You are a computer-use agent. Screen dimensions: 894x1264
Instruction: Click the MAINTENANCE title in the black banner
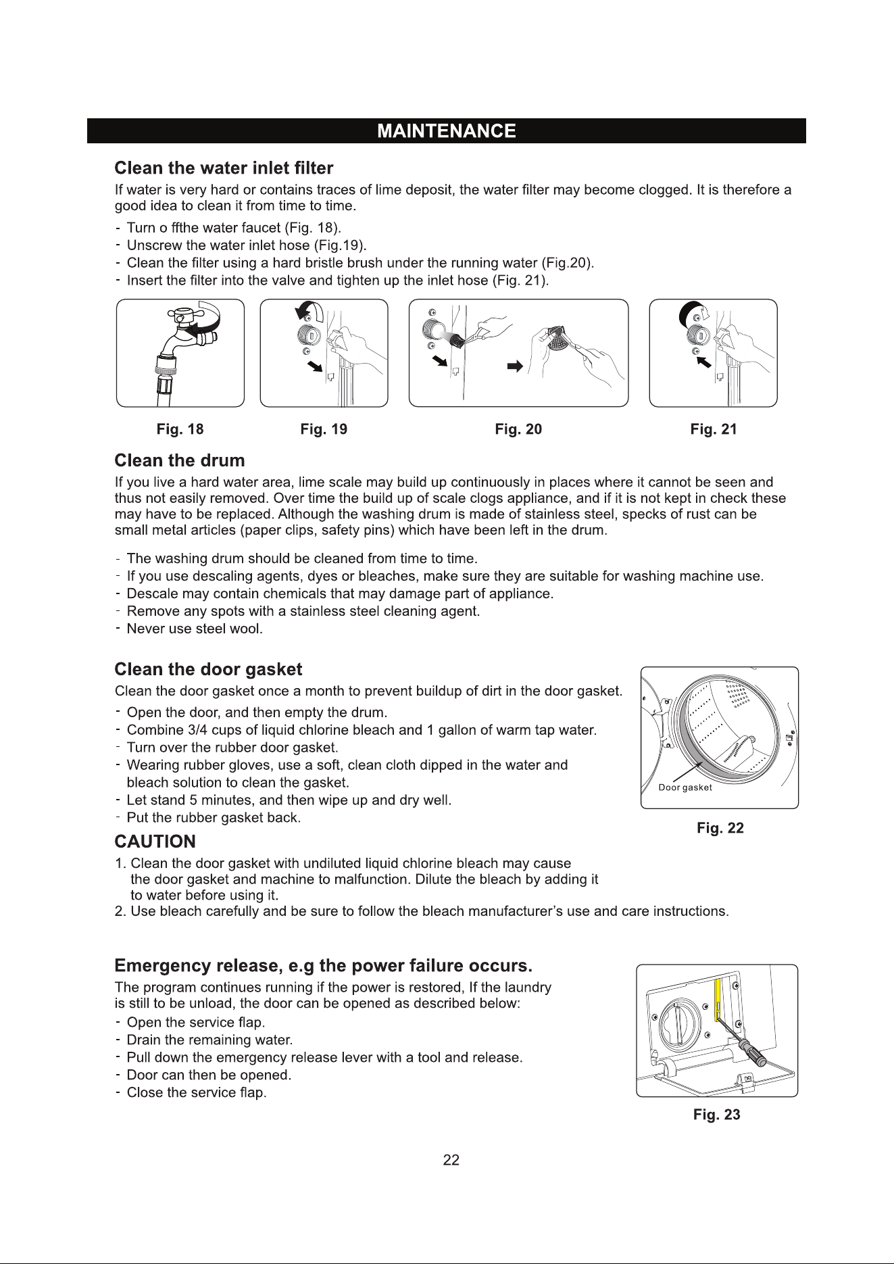pyautogui.click(x=447, y=131)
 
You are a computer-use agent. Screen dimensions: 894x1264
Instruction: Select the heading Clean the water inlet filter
pyautogui.click(x=224, y=168)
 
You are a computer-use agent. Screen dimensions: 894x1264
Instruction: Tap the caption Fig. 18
pyautogui.click(x=180, y=429)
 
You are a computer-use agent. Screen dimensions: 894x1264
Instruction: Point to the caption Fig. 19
pyautogui.click(x=324, y=429)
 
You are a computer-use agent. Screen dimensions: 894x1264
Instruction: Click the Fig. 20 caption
pyautogui.click(x=518, y=429)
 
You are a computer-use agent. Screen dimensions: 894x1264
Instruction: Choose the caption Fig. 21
pyautogui.click(x=714, y=429)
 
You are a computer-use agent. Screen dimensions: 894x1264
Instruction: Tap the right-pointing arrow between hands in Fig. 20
pyautogui.click(x=516, y=366)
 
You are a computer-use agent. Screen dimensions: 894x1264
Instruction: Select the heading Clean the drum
pyautogui.click(x=180, y=461)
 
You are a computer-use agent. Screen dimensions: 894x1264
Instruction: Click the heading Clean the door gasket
pyautogui.click(x=208, y=670)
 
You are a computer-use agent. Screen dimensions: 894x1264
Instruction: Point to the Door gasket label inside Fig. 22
pyautogui.click(x=685, y=788)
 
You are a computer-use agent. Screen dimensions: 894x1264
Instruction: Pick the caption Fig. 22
pyautogui.click(x=720, y=829)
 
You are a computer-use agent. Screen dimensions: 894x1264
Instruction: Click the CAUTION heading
pyautogui.click(x=155, y=842)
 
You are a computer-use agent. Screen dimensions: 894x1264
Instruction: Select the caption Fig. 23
pyautogui.click(x=716, y=1115)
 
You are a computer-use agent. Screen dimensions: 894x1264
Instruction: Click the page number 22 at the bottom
pyautogui.click(x=451, y=1161)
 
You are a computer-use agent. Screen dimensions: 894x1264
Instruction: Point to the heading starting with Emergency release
pyautogui.click(x=324, y=965)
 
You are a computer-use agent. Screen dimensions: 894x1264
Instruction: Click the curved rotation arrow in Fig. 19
pyautogui.click(x=307, y=312)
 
